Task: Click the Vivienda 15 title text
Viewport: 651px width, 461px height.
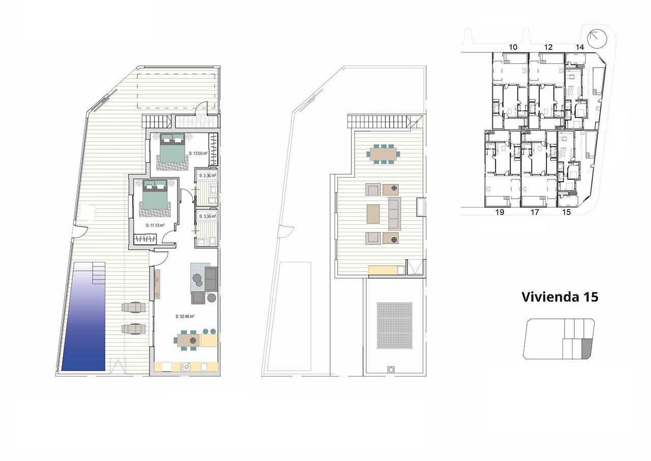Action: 560,297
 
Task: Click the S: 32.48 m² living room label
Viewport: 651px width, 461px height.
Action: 186,316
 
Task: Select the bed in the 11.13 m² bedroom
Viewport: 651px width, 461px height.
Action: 154,194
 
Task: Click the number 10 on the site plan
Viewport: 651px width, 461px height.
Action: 513,47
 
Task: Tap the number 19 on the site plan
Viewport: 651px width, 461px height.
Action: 499,212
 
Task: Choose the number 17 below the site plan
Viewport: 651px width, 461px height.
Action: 535,212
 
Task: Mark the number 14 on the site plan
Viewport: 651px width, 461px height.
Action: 580,47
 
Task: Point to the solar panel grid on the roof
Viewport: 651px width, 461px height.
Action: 395,326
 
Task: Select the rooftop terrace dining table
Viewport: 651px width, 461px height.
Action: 384,153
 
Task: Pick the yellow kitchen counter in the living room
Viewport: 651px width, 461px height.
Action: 185,366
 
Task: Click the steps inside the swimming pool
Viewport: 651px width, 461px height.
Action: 98,273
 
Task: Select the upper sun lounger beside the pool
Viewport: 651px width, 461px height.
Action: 134,308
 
